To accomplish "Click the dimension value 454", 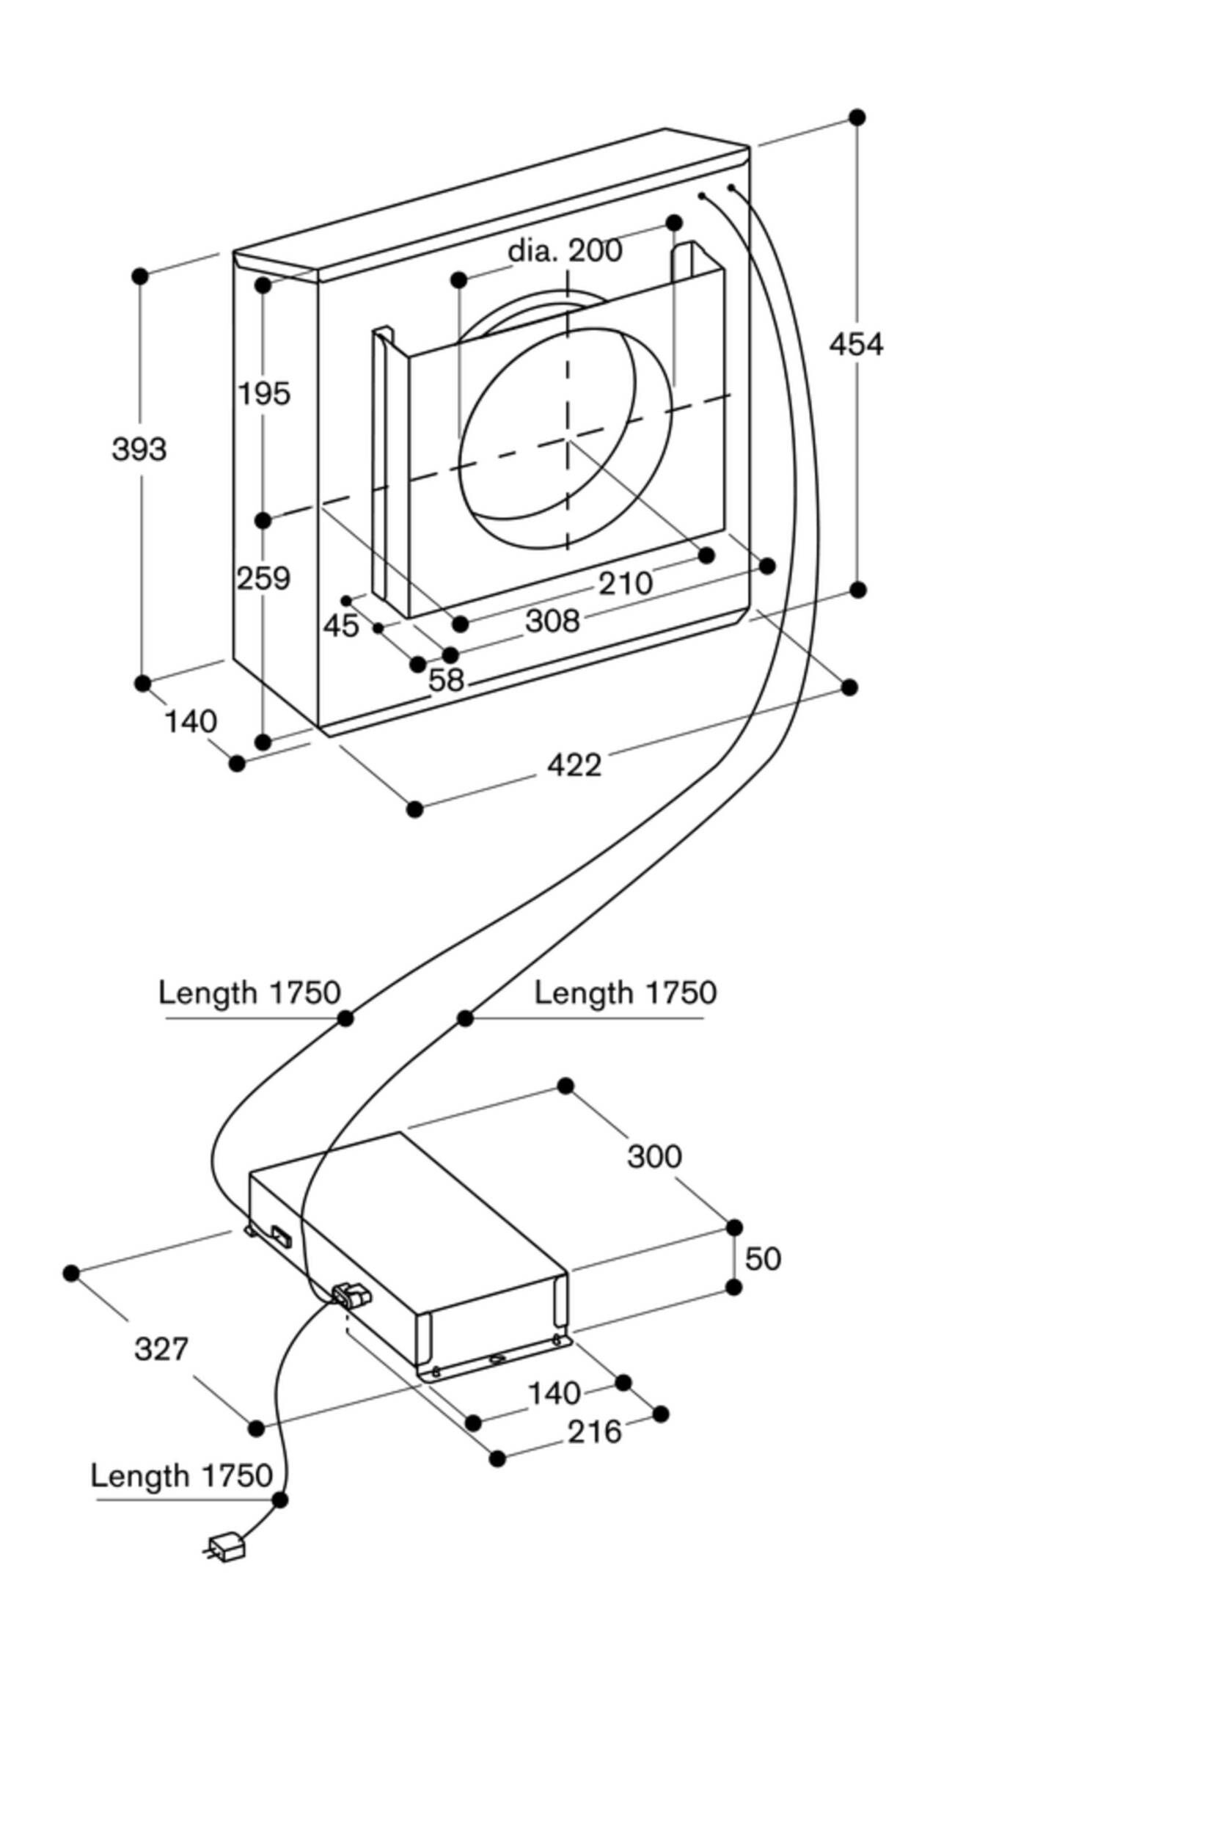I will pos(856,344).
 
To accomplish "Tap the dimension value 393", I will pos(139,450).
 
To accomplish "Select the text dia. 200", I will pos(565,250).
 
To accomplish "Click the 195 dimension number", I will pos(264,393).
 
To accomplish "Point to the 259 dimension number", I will pos(263,578).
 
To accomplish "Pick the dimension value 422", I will pos(574,765).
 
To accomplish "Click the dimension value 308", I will pos(553,621).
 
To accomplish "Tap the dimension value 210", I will pos(625,583).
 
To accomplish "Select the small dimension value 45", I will pos(341,626).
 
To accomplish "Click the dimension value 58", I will pos(446,680).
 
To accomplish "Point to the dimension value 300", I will pos(654,1157).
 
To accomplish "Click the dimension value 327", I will pos(161,1349).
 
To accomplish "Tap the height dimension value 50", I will pos(763,1259).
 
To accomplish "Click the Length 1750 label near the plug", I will pos(182,1475).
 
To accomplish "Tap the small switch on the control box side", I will pos(280,1236).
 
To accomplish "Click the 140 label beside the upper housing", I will pos(191,722).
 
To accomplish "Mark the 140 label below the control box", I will pos(554,1393).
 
